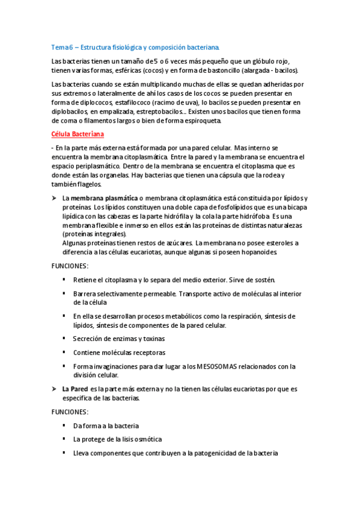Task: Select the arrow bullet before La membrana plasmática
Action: [x=55, y=198]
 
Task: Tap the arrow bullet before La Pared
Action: [x=55, y=389]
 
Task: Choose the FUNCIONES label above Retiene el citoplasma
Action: [x=70, y=266]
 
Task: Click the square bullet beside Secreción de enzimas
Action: [x=64, y=339]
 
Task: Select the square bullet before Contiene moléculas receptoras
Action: [x=64, y=352]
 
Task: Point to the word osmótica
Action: [x=147, y=439]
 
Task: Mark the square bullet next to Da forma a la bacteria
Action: [x=64, y=425]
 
